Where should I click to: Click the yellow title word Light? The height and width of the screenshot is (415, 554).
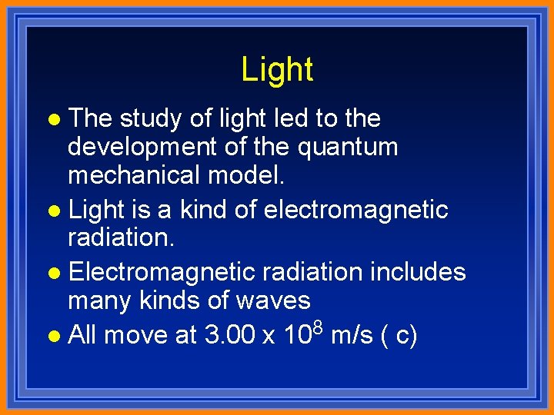pos(277,70)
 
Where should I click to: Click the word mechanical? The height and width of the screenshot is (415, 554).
pos(135,174)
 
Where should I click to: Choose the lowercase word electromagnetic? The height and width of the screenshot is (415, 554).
pos(355,209)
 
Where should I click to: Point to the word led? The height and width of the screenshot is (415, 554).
pos(274,118)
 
